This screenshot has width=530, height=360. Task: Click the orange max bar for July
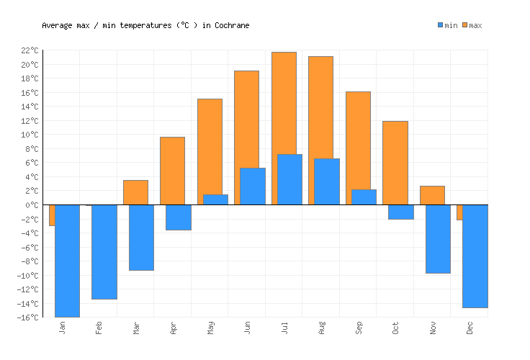(284, 101)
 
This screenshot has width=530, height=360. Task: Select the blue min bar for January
(67, 261)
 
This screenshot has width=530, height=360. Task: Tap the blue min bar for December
(475, 256)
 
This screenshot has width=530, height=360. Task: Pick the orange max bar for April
(172, 171)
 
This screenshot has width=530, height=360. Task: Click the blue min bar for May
(215, 199)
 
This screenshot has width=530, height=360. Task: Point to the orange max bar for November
(432, 195)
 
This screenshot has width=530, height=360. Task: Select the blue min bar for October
(400, 212)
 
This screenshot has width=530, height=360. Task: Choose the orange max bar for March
(135, 192)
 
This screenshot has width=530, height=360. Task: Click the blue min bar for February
(104, 252)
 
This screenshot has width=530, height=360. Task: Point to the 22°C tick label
(30, 50)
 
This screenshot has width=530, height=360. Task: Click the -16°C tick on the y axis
(28, 318)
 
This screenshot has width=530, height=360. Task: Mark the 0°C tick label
(32, 205)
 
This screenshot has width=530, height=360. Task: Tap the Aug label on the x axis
(321, 328)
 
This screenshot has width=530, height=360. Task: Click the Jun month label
(247, 328)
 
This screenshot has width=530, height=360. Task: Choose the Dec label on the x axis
(470, 328)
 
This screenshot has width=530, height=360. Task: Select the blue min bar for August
(326, 181)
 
